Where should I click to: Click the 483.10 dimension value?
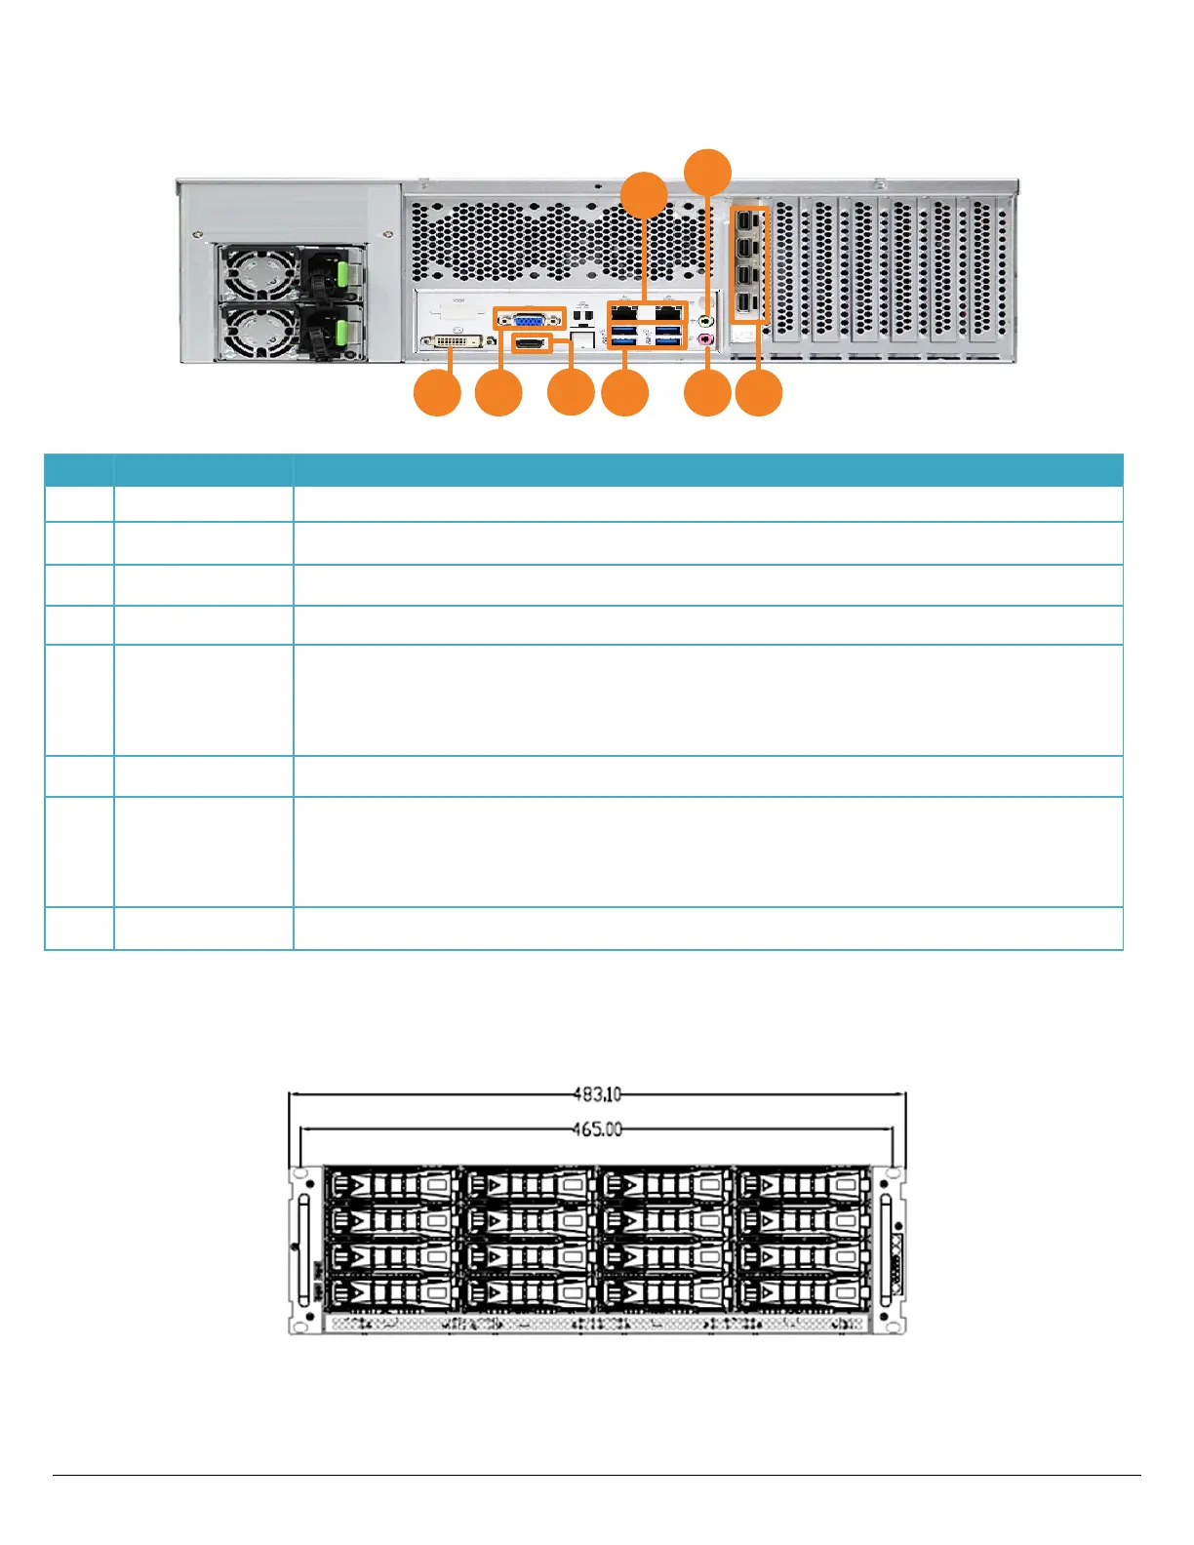(x=597, y=1095)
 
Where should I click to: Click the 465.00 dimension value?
(x=597, y=1129)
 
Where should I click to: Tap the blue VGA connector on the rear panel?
(x=530, y=318)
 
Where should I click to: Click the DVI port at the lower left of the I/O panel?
(x=452, y=342)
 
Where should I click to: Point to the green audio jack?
(x=707, y=318)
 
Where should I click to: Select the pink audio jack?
(x=707, y=340)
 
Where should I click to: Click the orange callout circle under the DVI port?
(x=437, y=394)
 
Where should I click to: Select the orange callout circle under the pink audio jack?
(x=707, y=394)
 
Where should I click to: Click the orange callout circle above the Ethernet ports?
(x=645, y=194)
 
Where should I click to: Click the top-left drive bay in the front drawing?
(x=392, y=1186)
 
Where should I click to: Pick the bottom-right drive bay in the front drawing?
(x=802, y=1294)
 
